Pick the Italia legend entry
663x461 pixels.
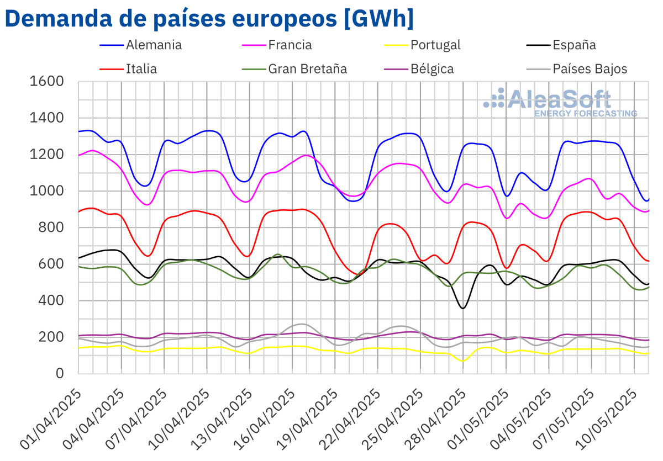141,69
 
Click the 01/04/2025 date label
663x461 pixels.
52,420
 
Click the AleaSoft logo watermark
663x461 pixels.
558,103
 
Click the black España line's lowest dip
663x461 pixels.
463,308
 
